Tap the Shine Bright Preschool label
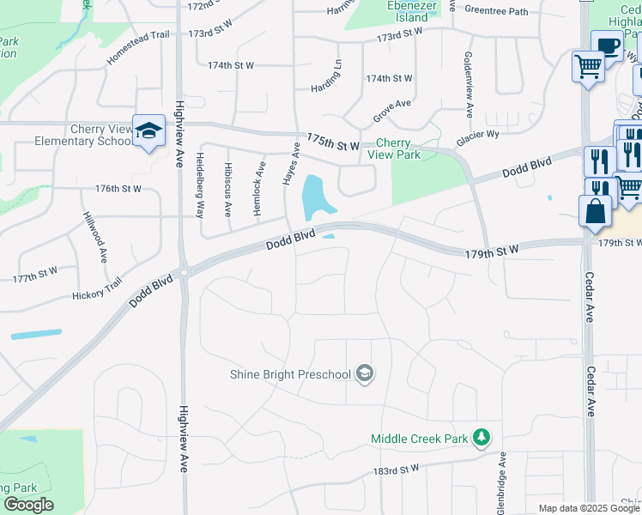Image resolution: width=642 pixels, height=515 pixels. click(290, 374)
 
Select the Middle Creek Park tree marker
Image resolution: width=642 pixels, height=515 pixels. click(481, 438)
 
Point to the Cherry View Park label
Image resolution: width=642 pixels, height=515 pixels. click(394, 148)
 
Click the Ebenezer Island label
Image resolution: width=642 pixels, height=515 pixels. click(407, 11)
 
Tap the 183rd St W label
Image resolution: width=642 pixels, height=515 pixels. click(396, 470)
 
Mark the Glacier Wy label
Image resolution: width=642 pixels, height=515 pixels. click(478, 135)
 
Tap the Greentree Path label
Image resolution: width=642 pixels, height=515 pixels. click(496, 10)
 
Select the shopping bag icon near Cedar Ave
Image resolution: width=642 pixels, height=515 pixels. click(595, 209)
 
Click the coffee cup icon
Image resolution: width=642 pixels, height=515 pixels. click(607, 45)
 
